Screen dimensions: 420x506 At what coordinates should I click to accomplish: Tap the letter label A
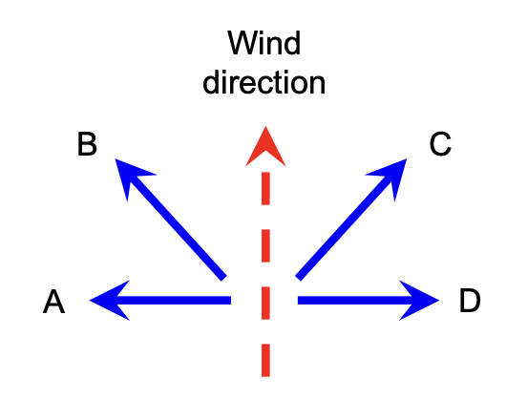point(53,303)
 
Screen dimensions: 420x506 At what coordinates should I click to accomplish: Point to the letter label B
point(87,145)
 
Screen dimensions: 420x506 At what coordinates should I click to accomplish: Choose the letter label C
point(440,145)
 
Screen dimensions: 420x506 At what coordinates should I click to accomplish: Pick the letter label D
point(470,302)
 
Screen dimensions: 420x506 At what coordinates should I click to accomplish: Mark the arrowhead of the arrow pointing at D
point(424,302)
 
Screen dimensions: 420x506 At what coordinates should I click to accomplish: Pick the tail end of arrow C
point(299,277)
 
